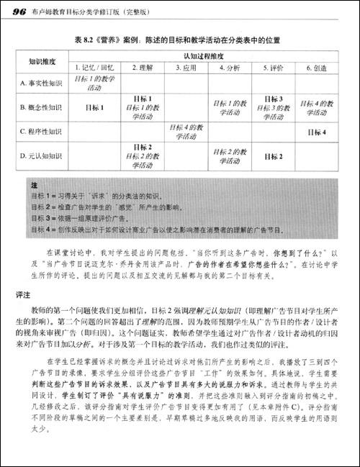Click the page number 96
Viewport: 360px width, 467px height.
click(18, 12)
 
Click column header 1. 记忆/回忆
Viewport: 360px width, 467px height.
click(94, 67)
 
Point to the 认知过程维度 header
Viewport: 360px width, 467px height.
click(205, 55)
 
